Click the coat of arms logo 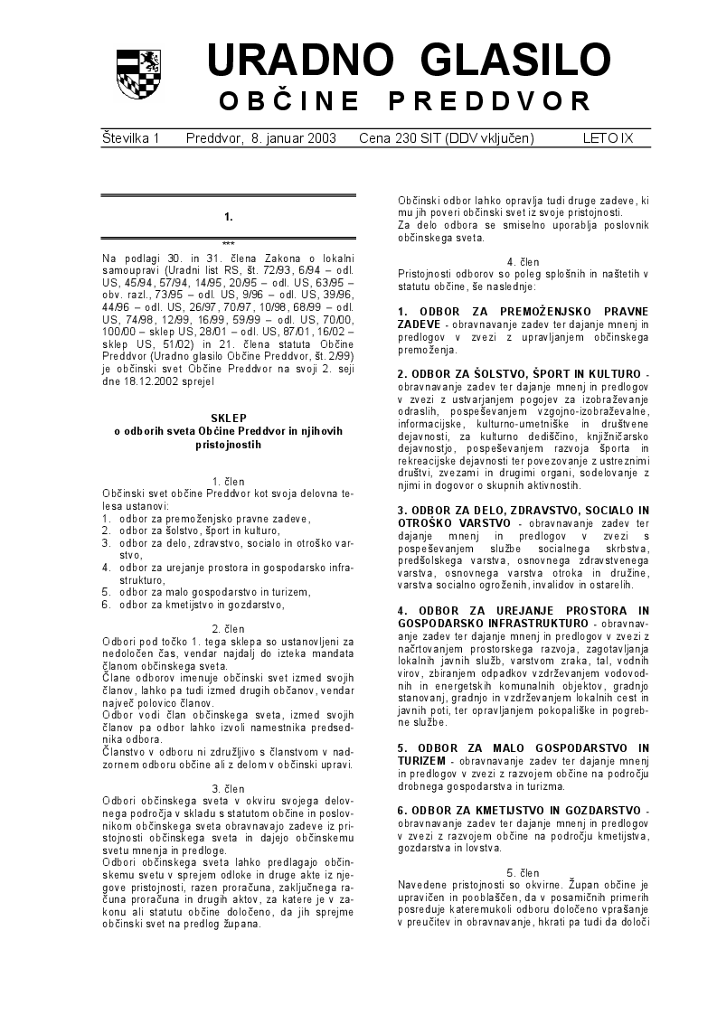(138, 74)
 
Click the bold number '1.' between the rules (229, 217)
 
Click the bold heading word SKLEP (228, 419)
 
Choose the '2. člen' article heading (228, 628)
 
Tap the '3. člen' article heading (228, 787)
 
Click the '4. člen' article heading (524, 262)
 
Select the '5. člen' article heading (524, 871)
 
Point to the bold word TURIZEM (426, 761)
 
